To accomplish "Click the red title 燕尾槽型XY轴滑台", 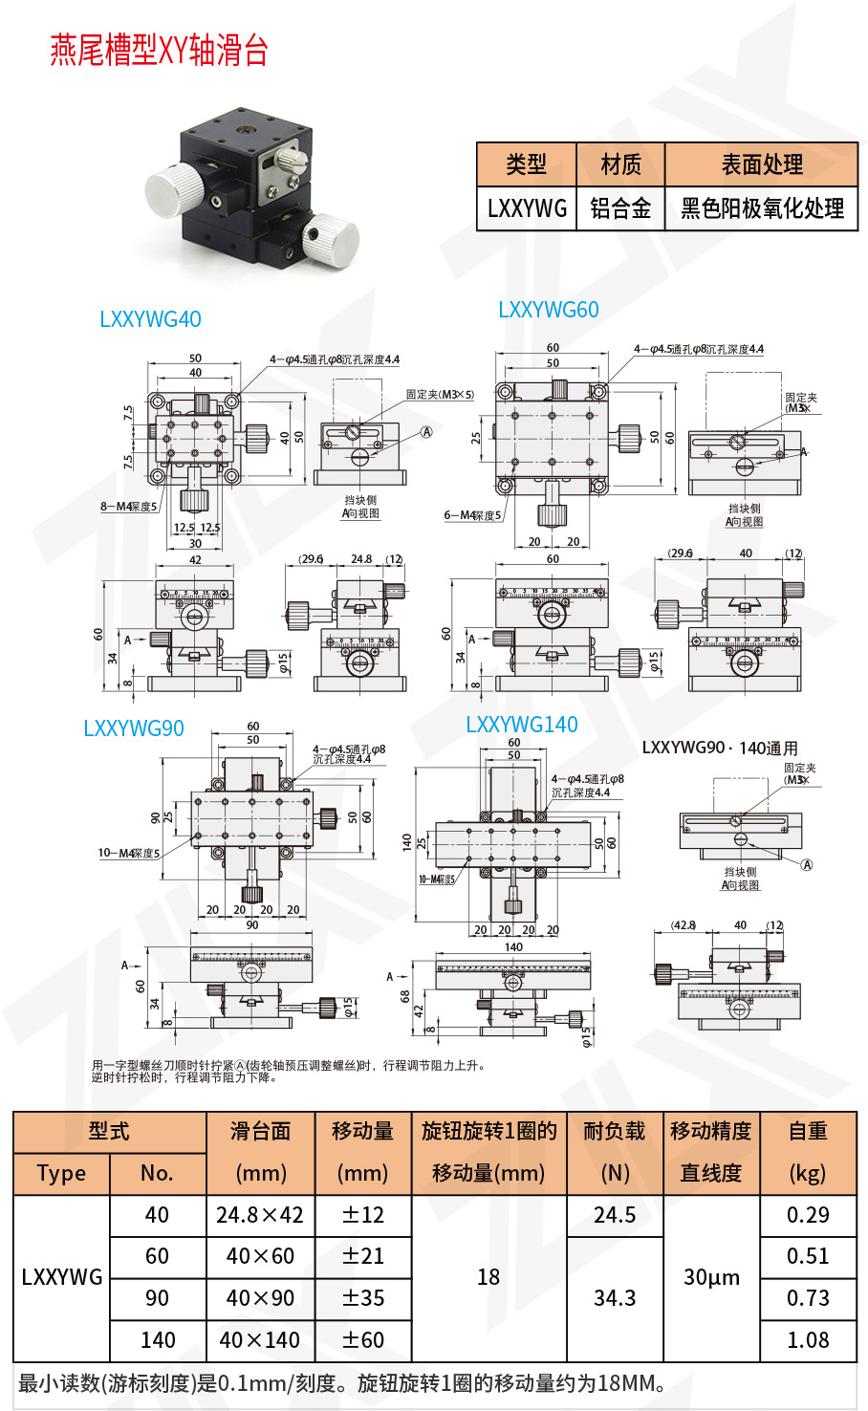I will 159,50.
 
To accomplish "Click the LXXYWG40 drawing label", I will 150,319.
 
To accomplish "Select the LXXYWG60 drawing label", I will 549,310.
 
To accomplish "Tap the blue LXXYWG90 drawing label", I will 134,728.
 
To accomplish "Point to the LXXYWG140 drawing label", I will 522,725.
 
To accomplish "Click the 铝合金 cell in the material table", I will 620,208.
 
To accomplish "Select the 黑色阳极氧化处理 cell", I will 762,208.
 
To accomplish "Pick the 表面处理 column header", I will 762,164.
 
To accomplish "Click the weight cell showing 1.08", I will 808,1340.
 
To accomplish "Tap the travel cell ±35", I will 363,1298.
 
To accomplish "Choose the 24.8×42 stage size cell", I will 260,1215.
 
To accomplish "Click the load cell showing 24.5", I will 615,1215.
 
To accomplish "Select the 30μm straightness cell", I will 711,1277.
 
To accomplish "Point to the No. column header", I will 157,1173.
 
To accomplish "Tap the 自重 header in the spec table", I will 808,1131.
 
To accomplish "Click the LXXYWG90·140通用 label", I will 720,748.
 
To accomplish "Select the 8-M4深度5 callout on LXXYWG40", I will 129,506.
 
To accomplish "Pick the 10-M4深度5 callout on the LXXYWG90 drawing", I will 129,853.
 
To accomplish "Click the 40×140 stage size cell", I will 260,1340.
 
